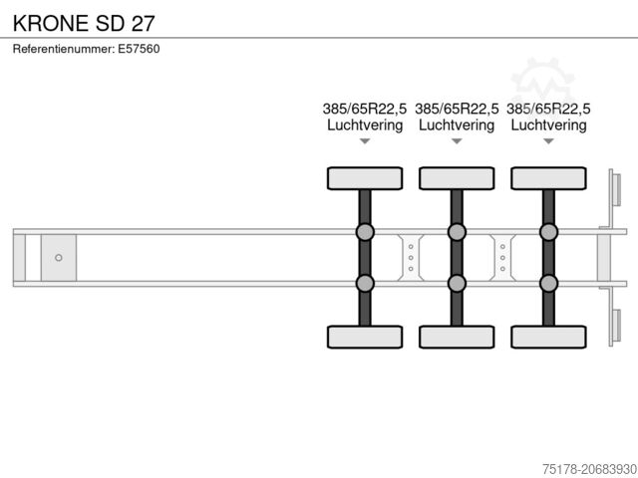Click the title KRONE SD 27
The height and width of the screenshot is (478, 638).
[x=84, y=23]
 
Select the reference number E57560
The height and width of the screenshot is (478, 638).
[x=139, y=49]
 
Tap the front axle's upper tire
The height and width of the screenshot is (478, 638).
[x=365, y=178]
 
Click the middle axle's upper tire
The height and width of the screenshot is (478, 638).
[x=457, y=178]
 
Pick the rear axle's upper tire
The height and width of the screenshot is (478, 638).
[x=549, y=178]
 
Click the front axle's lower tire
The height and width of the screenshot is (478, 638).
[x=365, y=337]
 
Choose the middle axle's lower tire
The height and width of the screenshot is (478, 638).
[x=457, y=337]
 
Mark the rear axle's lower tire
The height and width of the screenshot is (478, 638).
[x=549, y=337]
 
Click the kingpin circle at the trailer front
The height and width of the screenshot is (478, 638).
[x=59, y=258]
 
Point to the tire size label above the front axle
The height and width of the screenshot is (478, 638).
[x=365, y=109]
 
